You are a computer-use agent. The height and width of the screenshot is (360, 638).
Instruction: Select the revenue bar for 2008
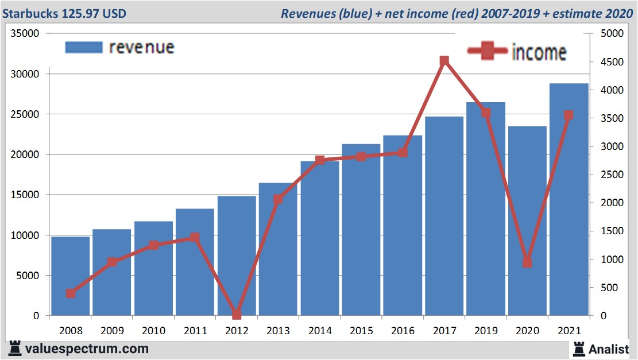pos(71,276)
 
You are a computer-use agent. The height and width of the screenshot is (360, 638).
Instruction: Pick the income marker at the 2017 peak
pos(444,61)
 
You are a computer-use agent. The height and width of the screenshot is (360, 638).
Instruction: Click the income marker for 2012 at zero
pos(237,315)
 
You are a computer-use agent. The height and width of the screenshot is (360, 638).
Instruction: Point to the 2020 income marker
pos(527,262)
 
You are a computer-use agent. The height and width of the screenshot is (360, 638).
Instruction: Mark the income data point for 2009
pos(112,262)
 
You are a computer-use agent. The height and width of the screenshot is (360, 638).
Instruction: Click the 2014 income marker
pos(320,160)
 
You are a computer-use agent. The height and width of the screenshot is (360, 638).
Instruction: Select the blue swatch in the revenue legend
pos(84,47)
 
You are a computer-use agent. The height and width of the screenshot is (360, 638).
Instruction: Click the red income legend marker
pos(488,51)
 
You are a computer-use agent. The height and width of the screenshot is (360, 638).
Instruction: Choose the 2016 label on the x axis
pos(403,331)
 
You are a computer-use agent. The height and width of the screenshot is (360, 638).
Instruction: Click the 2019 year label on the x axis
pos(486,331)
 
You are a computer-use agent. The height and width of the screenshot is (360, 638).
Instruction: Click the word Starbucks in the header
pos(30,13)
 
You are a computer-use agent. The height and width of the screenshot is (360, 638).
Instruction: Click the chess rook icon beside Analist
pos(578,348)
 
